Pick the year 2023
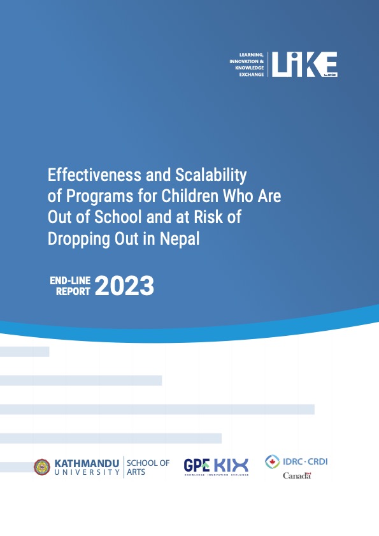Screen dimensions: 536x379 pyautogui.click(x=125, y=287)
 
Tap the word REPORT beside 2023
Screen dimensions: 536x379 pyautogui.click(x=74, y=291)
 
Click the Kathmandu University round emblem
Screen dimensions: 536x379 pyautogui.click(x=42, y=467)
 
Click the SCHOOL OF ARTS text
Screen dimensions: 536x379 pyautogui.click(x=148, y=467)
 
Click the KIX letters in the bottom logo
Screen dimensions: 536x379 pyautogui.click(x=231, y=465)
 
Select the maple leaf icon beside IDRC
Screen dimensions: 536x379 pyautogui.click(x=273, y=461)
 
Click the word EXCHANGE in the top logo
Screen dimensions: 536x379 pyautogui.click(x=251, y=75)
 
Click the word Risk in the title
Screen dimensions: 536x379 pyautogui.click(x=207, y=217)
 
